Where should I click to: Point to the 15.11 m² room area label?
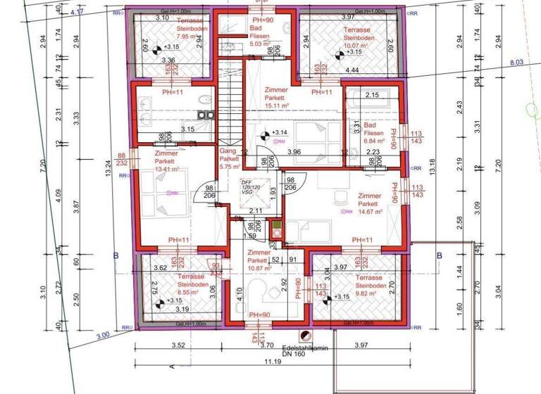(276, 106)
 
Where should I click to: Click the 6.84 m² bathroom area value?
(374, 141)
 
